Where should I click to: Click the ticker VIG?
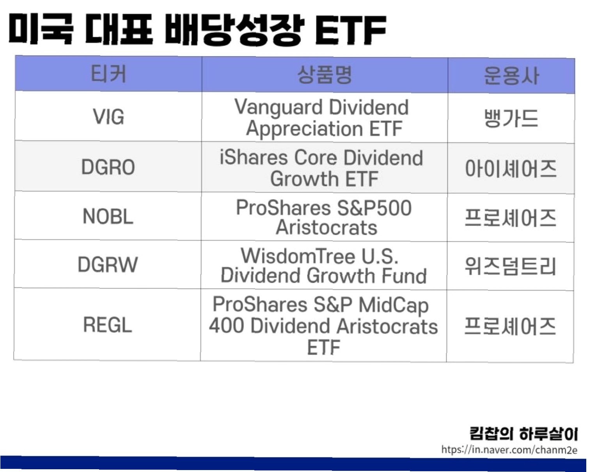pos(108,117)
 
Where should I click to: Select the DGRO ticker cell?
pos(108,167)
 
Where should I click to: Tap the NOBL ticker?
pos(108,216)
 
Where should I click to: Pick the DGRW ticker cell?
pos(108,264)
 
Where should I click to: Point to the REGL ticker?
pos(108,325)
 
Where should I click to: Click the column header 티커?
pos(108,74)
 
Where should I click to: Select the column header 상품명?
pos(325,75)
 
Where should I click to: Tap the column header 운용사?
pos(511,76)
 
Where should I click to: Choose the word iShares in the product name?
pos(254,158)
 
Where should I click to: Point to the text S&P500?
pos(374,208)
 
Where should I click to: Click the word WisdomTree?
pos(298,256)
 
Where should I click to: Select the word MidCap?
pos(394,305)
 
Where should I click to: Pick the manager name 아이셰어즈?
pos(511,169)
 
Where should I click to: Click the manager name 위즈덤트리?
pos(511,266)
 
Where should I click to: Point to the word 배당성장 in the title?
pos(235,30)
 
